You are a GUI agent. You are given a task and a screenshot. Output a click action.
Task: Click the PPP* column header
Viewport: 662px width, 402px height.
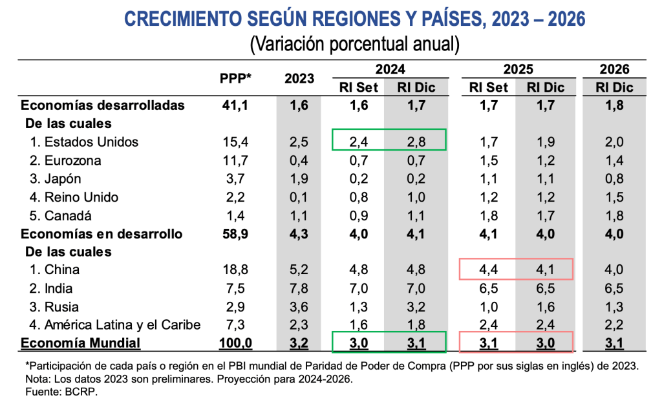click(x=235, y=78)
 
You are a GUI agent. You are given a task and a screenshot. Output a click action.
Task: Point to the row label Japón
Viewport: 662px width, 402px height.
click(x=63, y=178)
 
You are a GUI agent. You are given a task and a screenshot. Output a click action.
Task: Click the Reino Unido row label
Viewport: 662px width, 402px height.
click(x=81, y=196)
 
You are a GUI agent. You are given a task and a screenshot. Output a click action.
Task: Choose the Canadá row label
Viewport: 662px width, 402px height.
click(x=68, y=215)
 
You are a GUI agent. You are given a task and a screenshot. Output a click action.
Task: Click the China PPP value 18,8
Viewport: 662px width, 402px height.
click(x=235, y=270)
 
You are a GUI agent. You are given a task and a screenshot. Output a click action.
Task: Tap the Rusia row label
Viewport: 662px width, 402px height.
click(x=61, y=306)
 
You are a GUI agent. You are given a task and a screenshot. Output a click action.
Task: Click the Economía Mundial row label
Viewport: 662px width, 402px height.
click(x=81, y=343)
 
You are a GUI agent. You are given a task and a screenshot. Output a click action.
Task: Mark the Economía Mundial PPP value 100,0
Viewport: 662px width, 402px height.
click(x=235, y=343)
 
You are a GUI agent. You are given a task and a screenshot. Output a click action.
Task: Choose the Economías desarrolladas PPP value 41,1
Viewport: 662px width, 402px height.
click(x=235, y=105)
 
